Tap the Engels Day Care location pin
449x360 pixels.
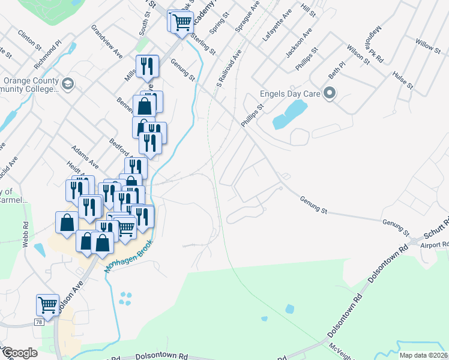[x=329, y=93]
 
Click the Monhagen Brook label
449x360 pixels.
[x=128, y=257]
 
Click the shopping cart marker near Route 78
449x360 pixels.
[x=47, y=304]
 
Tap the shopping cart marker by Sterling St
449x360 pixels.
[x=182, y=22]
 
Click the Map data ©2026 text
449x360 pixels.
[x=423, y=355]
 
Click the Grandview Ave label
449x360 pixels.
[x=107, y=41]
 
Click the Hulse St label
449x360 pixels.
[x=403, y=80]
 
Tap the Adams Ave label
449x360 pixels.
[x=85, y=155]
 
